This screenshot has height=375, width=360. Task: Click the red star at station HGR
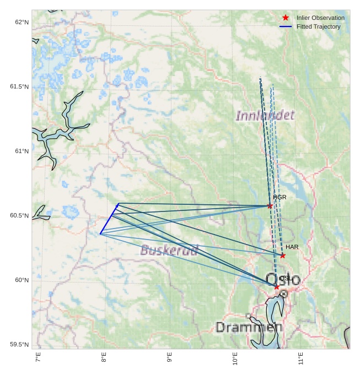pyautogui.click(x=270, y=206)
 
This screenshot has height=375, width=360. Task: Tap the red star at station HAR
pyautogui.click(x=282, y=256)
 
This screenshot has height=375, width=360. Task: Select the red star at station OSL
pyautogui.click(x=276, y=287)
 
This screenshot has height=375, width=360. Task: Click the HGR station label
pyautogui.click(x=280, y=197)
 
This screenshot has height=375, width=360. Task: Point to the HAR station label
pyautogui.click(x=292, y=247)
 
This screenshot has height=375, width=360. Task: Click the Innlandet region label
pyautogui.click(x=265, y=116)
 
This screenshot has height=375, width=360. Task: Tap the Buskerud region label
pyautogui.click(x=169, y=250)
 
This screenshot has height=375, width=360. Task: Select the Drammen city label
pyautogui.click(x=249, y=328)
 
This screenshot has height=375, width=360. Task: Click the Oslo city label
pyautogui.click(x=283, y=279)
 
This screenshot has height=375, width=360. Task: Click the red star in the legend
pyautogui.click(x=285, y=18)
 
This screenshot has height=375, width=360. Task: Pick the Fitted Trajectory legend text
pyautogui.click(x=318, y=26)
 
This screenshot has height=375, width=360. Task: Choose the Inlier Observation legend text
pyautogui.click(x=320, y=18)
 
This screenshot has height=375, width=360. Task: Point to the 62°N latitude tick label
pyautogui.click(x=22, y=22)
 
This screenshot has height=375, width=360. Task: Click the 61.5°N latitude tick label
pyautogui.click(x=19, y=86)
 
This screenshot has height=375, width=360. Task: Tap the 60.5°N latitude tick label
pyautogui.click(x=19, y=215)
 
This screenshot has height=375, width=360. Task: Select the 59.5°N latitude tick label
pyautogui.click(x=19, y=345)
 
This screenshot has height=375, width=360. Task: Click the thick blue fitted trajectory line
pyautogui.click(x=109, y=219)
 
